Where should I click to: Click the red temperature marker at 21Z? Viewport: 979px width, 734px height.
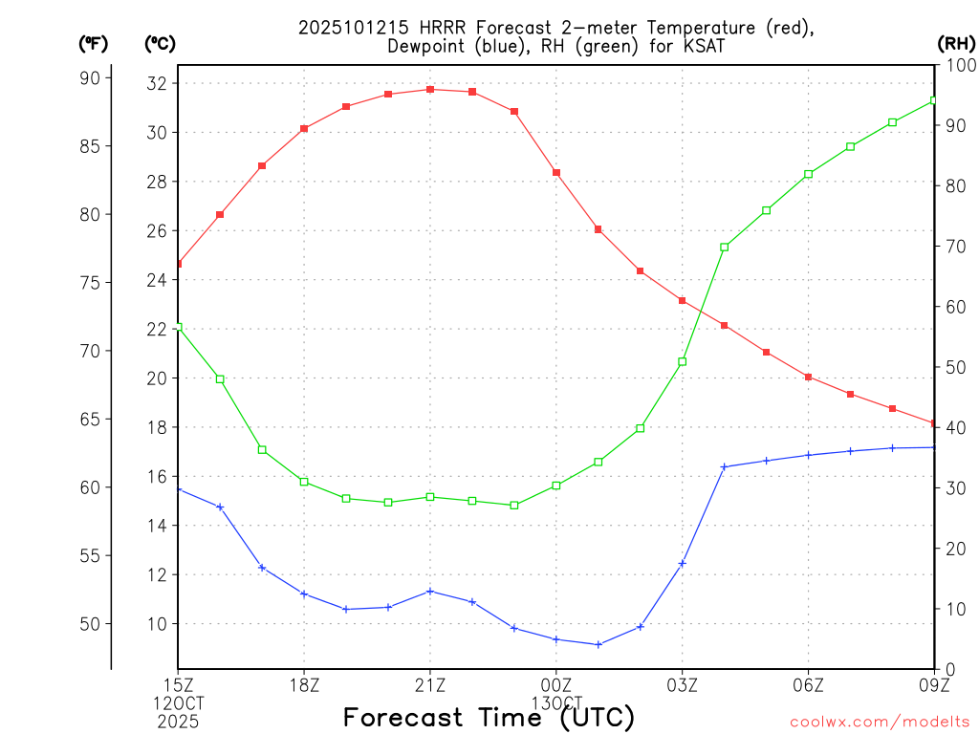(x=430, y=89)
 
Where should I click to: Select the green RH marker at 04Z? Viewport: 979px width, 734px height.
(x=725, y=247)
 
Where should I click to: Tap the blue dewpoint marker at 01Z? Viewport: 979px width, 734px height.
(x=598, y=644)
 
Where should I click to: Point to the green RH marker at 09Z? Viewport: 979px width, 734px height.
(x=934, y=100)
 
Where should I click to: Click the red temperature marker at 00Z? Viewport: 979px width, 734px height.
(x=556, y=172)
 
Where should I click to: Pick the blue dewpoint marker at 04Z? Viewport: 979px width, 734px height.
(x=725, y=466)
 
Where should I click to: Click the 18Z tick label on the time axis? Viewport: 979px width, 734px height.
(x=304, y=683)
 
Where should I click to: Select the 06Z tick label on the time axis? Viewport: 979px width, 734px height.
(x=809, y=683)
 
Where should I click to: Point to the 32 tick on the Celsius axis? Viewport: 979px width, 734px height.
(x=158, y=83)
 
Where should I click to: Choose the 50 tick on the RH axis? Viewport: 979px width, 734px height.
(x=955, y=367)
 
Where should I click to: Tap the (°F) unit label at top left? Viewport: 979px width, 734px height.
(x=93, y=43)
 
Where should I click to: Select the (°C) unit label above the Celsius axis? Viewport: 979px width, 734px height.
(x=159, y=43)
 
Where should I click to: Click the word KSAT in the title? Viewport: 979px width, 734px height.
(x=702, y=46)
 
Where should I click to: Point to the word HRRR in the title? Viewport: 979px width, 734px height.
(x=440, y=27)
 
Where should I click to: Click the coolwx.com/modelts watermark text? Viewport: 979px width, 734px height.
(x=880, y=722)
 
